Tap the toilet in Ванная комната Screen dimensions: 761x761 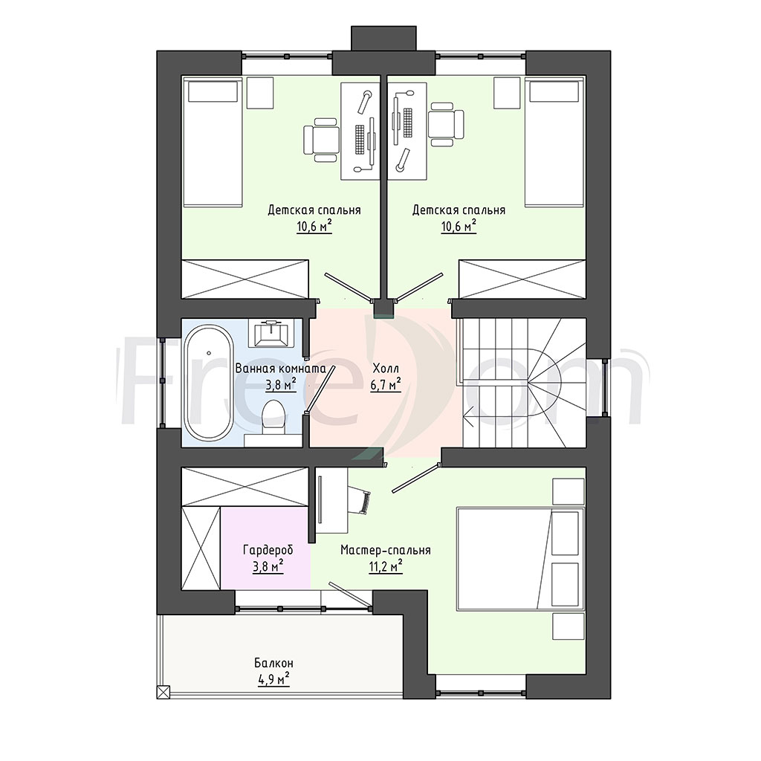(x=273, y=418)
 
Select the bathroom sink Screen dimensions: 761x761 (x=272, y=333)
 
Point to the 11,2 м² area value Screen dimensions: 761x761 (x=386, y=566)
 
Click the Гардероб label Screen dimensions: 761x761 (x=268, y=551)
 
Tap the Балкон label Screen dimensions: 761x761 (x=273, y=663)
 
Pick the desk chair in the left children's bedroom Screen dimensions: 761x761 (x=321, y=140)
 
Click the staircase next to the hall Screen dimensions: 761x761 (x=523, y=383)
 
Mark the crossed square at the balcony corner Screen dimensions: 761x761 (x=163, y=691)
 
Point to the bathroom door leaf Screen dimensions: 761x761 (x=320, y=389)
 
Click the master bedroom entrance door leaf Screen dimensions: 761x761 (x=415, y=479)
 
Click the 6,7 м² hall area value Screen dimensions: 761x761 (x=386, y=384)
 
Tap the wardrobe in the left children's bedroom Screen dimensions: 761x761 (x=245, y=279)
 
